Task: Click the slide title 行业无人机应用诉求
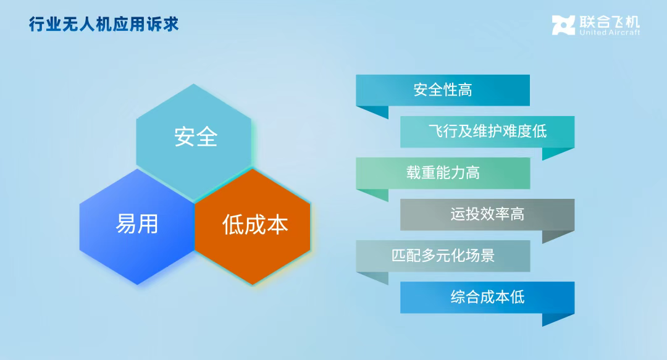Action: pyautogui.click(x=104, y=24)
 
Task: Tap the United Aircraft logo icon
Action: pyautogui.click(x=563, y=25)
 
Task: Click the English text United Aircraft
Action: pyautogui.click(x=610, y=32)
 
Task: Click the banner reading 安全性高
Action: pyautogui.click(x=443, y=90)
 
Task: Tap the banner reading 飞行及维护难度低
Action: pyautogui.click(x=487, y=132)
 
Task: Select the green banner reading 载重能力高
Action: pyautogui.click(x=443, y=173)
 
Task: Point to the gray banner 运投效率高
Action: pyautogui.click(x=487, y=214)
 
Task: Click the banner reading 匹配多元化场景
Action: pyautogui.click(x=443, y=256)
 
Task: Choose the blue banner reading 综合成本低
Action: pyautogui.click(x=487, y=298)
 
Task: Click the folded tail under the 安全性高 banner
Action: pyautogui.click(x=377, y=111)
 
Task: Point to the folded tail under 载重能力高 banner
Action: pyautogui.click(x=377, y=194)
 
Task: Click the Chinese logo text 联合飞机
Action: pyautogui.click(x=610, y=22)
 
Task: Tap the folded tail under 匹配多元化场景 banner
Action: pyautogui.click(x=377, y=277)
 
